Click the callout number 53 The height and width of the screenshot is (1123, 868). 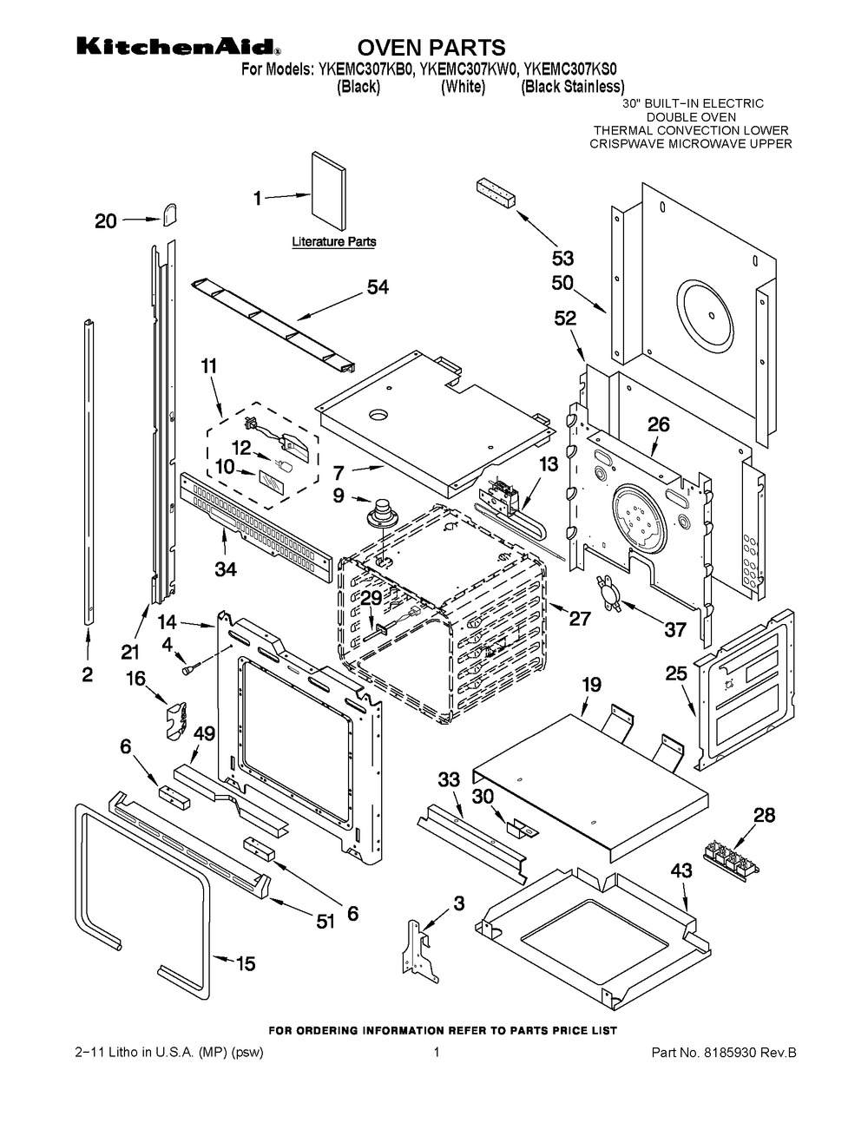[563, 258]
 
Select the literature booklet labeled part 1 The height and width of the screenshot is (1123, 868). [328, 190]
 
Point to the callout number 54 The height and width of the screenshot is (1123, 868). [378, 288]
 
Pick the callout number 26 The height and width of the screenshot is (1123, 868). [659, 425]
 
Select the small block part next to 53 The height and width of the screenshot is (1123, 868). [495, 194]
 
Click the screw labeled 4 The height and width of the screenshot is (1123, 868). [188, 668]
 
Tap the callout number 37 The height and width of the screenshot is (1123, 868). [675, 630]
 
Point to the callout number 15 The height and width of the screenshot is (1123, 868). [246, 962]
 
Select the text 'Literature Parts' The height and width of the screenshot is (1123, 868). [333, 242]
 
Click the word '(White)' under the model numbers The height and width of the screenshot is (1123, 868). [462, 87]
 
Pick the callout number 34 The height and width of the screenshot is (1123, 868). [226, 569]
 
